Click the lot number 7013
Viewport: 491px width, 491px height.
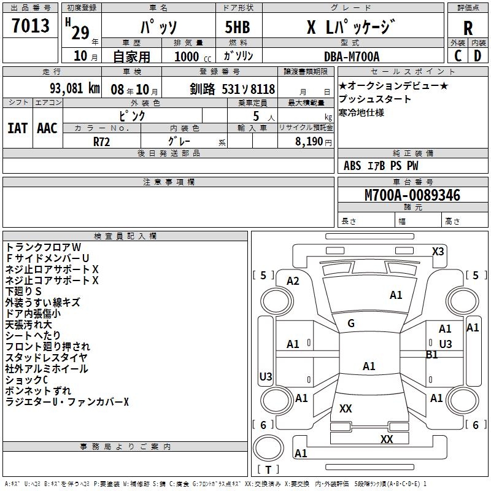tap(31, 26)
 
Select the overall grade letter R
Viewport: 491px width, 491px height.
tap(468, 28)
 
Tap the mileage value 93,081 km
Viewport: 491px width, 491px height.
tap(75, 88)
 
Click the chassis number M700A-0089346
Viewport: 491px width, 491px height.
tap(412, 195)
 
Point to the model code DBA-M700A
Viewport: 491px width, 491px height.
tap(352, 56)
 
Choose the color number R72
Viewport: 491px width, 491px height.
tap(102, 142)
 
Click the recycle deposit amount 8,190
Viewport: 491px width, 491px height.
tap(309, 142)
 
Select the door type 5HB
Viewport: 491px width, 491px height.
tap(238, 27)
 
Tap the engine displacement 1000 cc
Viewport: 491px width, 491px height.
tap(193, 56)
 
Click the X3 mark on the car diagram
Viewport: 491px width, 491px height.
tap(438, 252)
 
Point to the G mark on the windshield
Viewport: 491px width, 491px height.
tap(351, 323)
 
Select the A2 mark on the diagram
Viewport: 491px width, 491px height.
tap(293, 281)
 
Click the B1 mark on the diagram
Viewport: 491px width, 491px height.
tap(432, 355)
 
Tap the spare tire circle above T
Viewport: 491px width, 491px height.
tap(268, 449)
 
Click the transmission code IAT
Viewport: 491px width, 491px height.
tap(18, 128)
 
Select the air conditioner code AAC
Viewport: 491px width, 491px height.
tap(47, 128)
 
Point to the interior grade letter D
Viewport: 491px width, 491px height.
tap(477, 56)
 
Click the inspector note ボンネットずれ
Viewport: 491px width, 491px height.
tap(38, 390)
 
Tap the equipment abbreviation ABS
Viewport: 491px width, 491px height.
tap(352, 166)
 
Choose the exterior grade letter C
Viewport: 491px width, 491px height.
tap(458, 56)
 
